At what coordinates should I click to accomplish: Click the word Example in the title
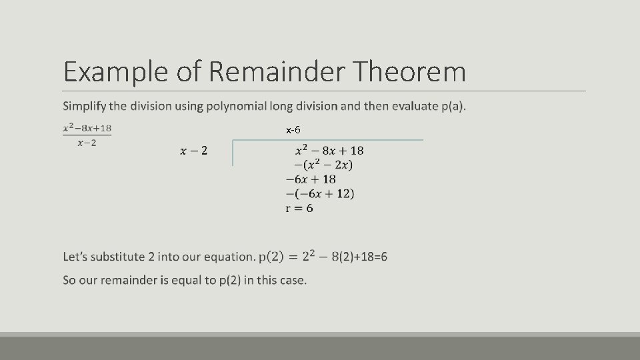click(x=116, y=72)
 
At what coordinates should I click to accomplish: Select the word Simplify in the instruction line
click(x=85, y=106)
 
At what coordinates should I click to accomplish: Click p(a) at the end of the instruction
click(x=451, y=106)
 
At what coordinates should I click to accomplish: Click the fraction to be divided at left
click(x=87, y=135)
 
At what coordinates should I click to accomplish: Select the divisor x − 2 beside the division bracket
click(x=193, y=151)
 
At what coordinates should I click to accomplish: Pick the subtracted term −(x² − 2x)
click(x=323, y=165)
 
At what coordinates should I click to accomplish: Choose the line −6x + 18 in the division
click(x=311, y=179)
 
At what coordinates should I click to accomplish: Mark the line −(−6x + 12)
click(x=319, y=194)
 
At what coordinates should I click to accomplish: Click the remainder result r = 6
click(x=299, y=208)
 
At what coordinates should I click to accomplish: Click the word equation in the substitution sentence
click(x=229, y=257)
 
